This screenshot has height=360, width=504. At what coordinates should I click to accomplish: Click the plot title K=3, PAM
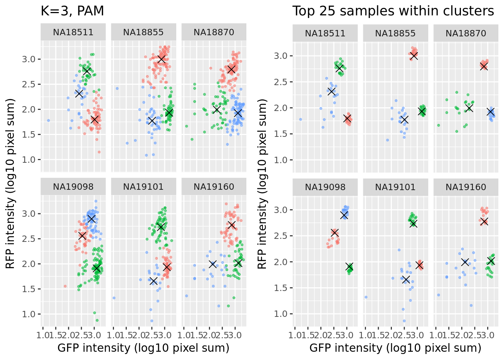72,11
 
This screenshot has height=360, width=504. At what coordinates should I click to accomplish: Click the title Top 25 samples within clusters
393,11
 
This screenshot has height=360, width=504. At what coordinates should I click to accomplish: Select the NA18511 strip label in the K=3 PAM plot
73,32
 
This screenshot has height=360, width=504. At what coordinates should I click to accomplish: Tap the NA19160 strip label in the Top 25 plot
466,187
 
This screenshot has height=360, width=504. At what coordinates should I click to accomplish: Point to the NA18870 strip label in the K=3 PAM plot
214,32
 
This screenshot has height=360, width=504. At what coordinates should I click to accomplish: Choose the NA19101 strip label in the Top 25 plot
395,187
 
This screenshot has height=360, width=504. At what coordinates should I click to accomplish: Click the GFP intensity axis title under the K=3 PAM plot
143,348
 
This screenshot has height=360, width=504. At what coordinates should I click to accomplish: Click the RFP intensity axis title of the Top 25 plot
262,184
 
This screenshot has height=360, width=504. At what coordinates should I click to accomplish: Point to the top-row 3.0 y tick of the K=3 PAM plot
31,59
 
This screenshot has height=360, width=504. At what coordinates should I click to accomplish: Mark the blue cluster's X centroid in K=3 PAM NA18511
79,93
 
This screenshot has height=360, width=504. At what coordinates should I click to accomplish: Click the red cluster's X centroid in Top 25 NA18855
414,56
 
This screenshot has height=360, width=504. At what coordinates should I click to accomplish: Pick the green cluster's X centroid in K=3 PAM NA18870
216,109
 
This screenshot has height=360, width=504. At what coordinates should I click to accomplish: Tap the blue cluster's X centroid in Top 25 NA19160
465,262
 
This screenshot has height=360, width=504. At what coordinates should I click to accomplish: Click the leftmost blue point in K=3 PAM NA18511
48,120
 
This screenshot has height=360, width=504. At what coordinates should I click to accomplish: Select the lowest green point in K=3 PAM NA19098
97,320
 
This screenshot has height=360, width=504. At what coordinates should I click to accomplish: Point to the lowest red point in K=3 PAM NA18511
99,152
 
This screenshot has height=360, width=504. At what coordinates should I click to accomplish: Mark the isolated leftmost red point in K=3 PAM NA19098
65,286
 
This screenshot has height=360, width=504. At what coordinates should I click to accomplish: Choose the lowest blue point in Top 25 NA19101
404,321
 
